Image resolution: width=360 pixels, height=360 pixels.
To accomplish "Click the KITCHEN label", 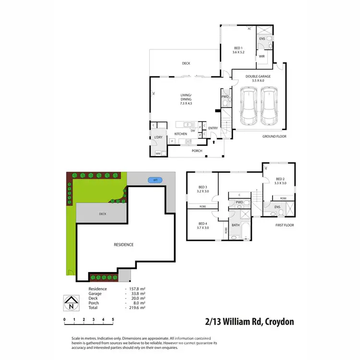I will tap(180, 134).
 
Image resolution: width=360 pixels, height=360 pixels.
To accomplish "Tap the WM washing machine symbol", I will tap(158, 153).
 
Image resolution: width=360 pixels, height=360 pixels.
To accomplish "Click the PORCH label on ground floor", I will tap(196, 151).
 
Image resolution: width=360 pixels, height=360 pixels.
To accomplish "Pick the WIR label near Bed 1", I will tap(262, 56).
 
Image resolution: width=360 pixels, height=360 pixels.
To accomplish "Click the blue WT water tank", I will tap(155, 180).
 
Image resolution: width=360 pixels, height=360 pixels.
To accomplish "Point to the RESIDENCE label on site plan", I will tap(123, 244).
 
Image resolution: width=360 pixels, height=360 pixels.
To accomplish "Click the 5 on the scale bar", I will tap(113, 319).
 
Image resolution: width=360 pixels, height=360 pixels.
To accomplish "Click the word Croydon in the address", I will tap(276, 321).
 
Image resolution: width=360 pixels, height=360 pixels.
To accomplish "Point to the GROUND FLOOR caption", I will tap(274, 136).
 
